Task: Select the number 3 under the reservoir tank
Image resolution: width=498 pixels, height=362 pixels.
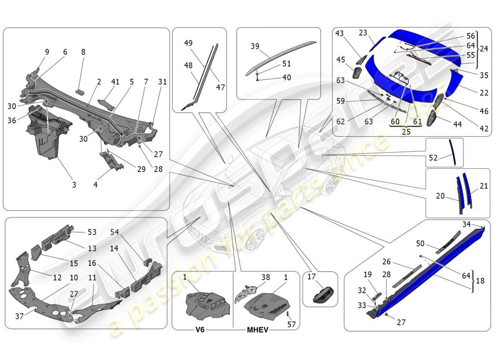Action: [x=74, y=185]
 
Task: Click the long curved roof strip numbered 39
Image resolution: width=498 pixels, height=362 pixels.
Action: [x=281, y=57]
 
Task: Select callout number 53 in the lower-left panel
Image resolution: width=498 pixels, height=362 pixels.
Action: [x=92, y=233]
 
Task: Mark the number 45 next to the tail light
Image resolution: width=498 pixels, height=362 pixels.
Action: [x=340, y=59]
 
